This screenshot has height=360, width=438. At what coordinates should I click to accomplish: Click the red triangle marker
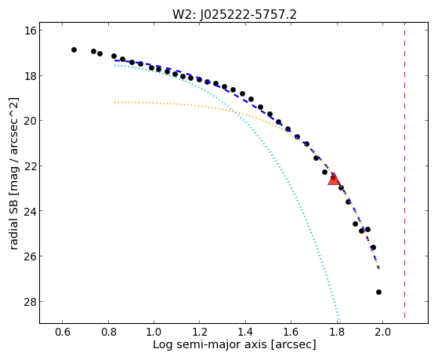[334, 180]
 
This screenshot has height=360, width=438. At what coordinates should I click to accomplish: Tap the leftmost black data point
[74, 49]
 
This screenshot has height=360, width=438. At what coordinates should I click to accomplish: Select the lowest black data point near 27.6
[378, 292]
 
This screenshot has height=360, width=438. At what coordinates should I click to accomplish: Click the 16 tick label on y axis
[30, 31]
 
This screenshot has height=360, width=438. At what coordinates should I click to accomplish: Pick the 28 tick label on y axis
[30, 301]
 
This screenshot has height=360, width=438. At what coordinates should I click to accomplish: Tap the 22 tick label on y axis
[30, 165]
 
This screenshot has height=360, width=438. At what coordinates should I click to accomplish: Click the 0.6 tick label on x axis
[63, 332]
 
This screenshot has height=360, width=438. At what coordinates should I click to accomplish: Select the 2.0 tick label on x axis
[382, 332]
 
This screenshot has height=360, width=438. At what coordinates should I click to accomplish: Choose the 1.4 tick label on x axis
[245, 332]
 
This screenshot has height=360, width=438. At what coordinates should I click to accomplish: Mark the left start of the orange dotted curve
[114, 102]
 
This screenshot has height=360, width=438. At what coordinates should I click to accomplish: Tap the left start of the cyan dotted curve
[114, 65]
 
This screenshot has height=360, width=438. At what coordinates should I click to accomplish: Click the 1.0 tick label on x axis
[154, 332]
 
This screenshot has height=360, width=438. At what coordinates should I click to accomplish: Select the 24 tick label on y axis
[30, 211]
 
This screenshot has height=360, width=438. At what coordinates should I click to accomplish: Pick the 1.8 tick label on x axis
[337, 332]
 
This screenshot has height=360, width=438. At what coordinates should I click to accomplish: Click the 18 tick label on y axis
[30, 75]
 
